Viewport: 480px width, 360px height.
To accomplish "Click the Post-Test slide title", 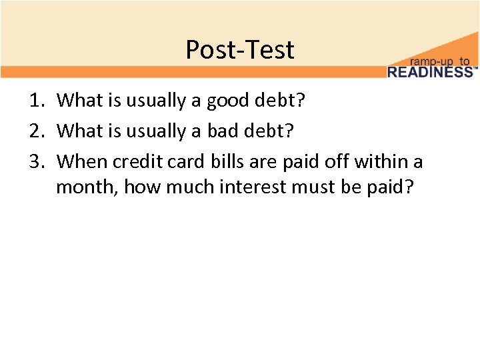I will click(x=239, y=49).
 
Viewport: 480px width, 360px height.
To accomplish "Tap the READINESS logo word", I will click(x=429, y=72).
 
